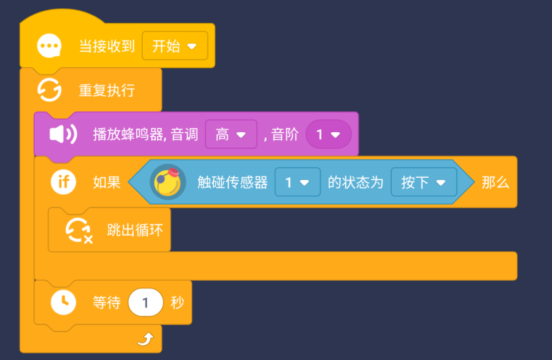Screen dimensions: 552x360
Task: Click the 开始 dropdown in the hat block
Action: click(175, 46)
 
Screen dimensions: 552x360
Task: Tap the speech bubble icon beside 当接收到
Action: click(49, 46)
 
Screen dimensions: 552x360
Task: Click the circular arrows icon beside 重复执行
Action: click(49, 90)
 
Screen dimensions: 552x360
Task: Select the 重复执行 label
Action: click(106, 90)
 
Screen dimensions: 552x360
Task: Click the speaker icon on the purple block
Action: click(63, 134)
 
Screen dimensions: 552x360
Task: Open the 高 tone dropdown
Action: click(231, 134)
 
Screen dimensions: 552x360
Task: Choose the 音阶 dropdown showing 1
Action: click(328, 134)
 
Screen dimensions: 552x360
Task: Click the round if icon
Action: click(63, 182)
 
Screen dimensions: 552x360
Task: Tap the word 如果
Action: click(106, 182)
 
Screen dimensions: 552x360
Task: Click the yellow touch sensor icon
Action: click(168, 182)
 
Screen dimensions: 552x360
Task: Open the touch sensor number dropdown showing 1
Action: click(297, 182)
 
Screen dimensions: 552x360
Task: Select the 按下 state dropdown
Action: click(423, 182)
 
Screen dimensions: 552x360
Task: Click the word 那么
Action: click(495, 182)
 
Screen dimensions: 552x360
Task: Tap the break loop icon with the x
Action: click(78, 230)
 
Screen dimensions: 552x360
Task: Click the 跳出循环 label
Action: click(135, 230)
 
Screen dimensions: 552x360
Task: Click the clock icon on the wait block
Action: click(63, 302)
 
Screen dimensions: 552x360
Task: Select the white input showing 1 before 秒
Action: click(146, 302)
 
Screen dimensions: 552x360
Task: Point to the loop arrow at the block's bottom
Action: click(145, 340)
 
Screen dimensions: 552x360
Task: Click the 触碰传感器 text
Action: click(232, 182)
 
